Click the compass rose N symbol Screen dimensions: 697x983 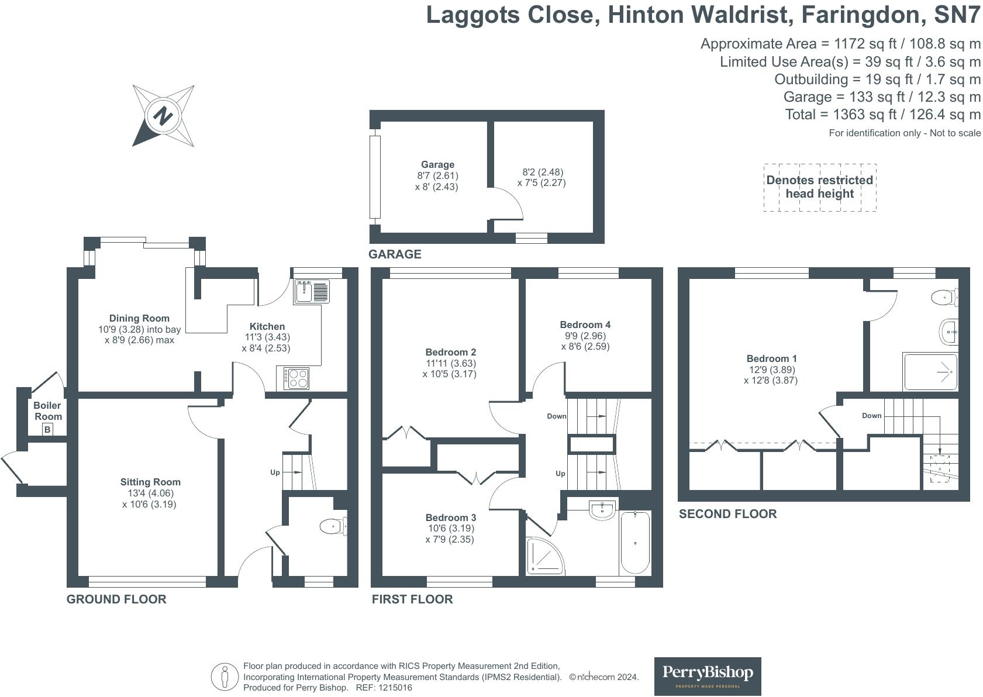(163, 115)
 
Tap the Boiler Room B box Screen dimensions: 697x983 (48, 430)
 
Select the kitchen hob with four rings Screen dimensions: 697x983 (296, 378)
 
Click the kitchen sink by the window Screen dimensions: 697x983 (312, 291)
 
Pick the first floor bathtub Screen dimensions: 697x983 (634, 543)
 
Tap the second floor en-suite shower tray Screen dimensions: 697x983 (930, 371)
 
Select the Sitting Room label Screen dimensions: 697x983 (150, 482)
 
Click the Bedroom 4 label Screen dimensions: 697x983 (585, 325)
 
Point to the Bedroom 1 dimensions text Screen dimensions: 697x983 (771, 375)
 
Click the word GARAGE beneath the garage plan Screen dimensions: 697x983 (395, 254)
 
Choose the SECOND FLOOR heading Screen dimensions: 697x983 (727, 513)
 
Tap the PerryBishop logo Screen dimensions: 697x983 (707, 676)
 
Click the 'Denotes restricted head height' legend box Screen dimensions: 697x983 (819, 187)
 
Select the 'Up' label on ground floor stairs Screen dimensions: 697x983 (275, 472)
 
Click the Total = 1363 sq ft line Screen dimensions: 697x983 (882, 114)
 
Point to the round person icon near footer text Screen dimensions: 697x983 (225, 677)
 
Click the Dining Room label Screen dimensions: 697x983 (139, 318)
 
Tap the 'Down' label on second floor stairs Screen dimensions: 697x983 (871, 416)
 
